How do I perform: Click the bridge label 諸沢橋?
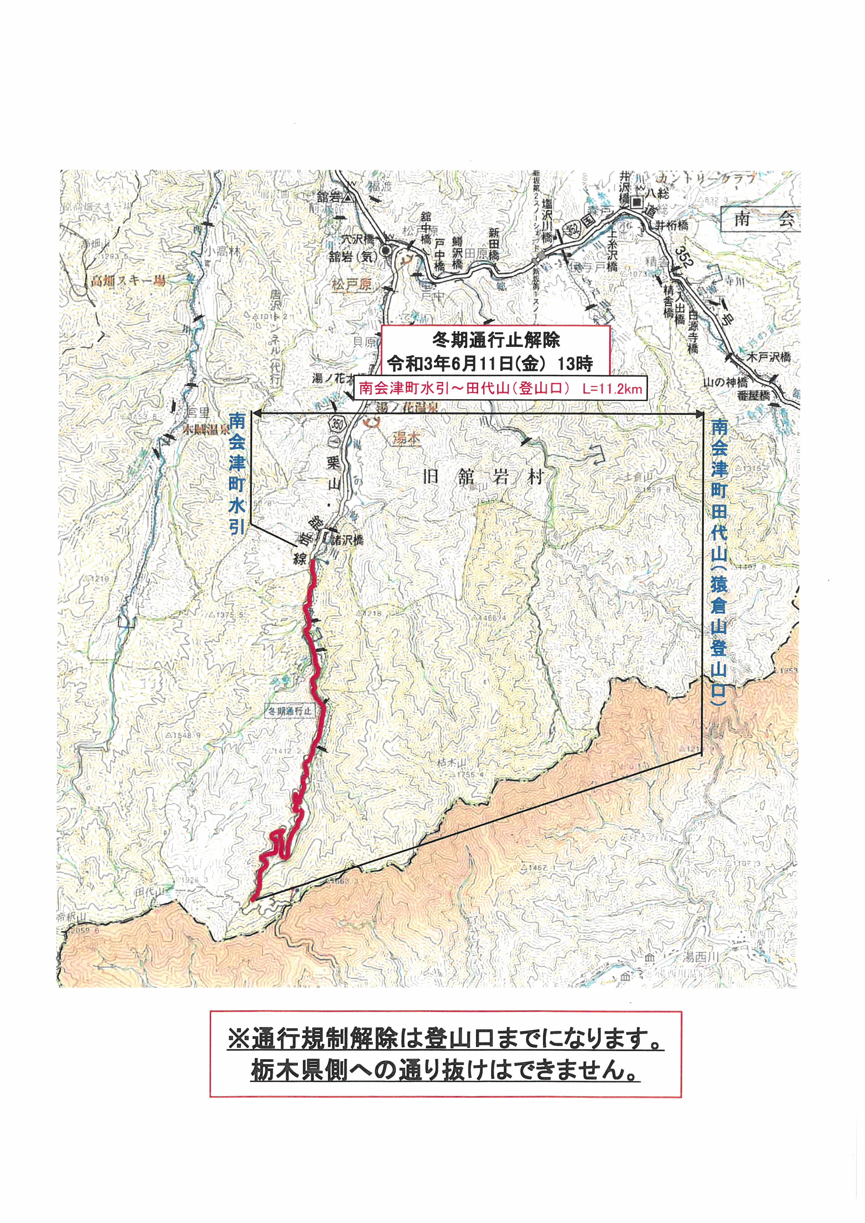click(x=347, y=539)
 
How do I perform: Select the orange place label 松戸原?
click(x=351, y=285)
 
